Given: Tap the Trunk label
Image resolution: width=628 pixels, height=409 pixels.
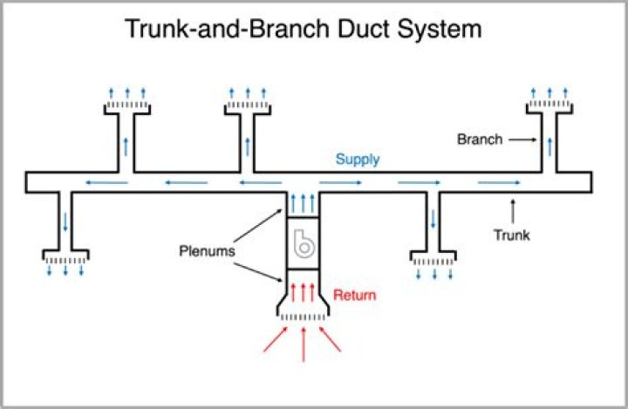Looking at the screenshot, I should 512,235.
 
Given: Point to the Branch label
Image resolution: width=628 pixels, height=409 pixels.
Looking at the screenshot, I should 480,139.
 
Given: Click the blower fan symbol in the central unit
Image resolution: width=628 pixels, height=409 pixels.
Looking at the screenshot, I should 303,246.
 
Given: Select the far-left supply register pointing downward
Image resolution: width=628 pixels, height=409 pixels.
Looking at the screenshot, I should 65,258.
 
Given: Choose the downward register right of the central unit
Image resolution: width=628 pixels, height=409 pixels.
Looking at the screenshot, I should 433,258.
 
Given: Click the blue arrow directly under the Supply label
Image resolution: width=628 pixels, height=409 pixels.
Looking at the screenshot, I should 345,182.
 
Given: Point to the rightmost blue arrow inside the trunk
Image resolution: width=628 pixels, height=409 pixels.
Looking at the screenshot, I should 500,182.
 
